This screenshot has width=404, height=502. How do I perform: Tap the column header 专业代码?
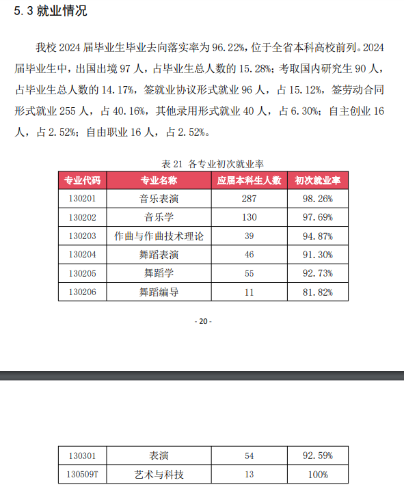coord(82,180)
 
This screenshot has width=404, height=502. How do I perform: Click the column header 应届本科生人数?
coord(249,180)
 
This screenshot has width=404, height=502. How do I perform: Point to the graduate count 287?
coord(249,199)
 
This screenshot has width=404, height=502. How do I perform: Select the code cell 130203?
coord(82,236)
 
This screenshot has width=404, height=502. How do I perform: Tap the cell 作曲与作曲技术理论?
coord(159,236)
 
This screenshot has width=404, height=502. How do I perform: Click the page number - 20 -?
coord(203,322)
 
